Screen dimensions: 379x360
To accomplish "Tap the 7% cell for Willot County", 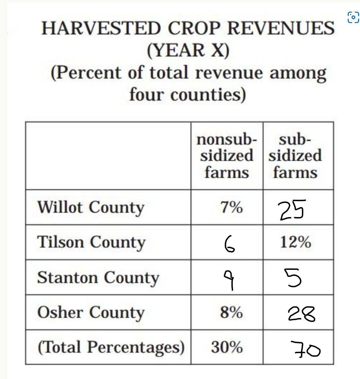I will (231, 207).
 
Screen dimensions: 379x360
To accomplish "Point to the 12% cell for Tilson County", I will (295, 242).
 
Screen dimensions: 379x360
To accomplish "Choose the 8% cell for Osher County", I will (231, 312).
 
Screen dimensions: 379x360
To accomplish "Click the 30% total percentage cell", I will (227, 347).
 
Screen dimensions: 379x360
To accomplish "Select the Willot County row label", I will (91, 208).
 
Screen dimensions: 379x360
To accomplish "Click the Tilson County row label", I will (91, 243).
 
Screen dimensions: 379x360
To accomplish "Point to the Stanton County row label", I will (98, 278).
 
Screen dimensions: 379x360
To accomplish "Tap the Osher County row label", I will (91, 313).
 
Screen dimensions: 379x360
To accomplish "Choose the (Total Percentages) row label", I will (111, 347).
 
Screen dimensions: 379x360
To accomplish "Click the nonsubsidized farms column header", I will (227, 156).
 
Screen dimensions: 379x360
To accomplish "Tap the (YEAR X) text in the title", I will (188, 50).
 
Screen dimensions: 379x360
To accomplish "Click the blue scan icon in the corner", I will (353, 17).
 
